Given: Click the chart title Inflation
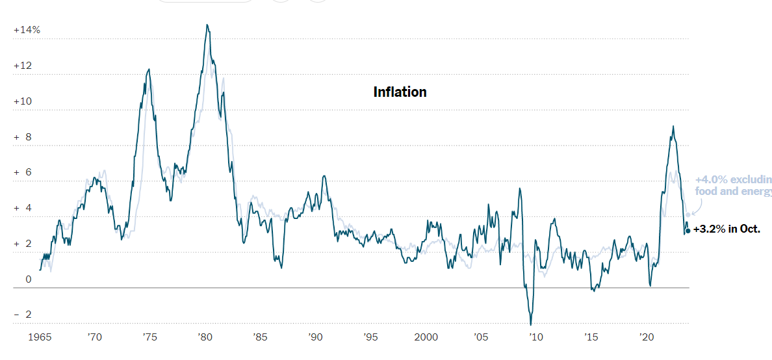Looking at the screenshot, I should pos(400,92).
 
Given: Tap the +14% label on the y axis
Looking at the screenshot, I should pos(27,30).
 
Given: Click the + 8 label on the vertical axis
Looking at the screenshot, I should pos(23,137).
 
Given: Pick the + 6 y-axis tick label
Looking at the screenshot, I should pos(23,172).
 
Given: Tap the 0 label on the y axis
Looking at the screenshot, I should pos(28,279).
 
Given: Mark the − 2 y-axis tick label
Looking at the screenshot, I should pos(23,315).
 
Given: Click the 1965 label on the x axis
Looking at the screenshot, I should pos(40,337).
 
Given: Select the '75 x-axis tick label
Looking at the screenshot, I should pos(149,337).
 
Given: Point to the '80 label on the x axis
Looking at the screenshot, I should pos(205,337).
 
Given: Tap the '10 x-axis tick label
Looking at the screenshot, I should pos(535,337).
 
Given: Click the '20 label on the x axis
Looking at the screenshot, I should pos(646,337).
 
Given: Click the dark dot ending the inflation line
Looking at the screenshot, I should pos(688,231).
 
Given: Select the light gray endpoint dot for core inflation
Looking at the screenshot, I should pos(688,215).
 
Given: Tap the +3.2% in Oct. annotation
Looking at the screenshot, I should pos(727,229).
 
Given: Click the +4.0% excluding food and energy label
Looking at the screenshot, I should pos(732,185).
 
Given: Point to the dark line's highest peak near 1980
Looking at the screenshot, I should pos(207,25).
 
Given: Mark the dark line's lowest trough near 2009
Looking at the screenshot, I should pos(531,324).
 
